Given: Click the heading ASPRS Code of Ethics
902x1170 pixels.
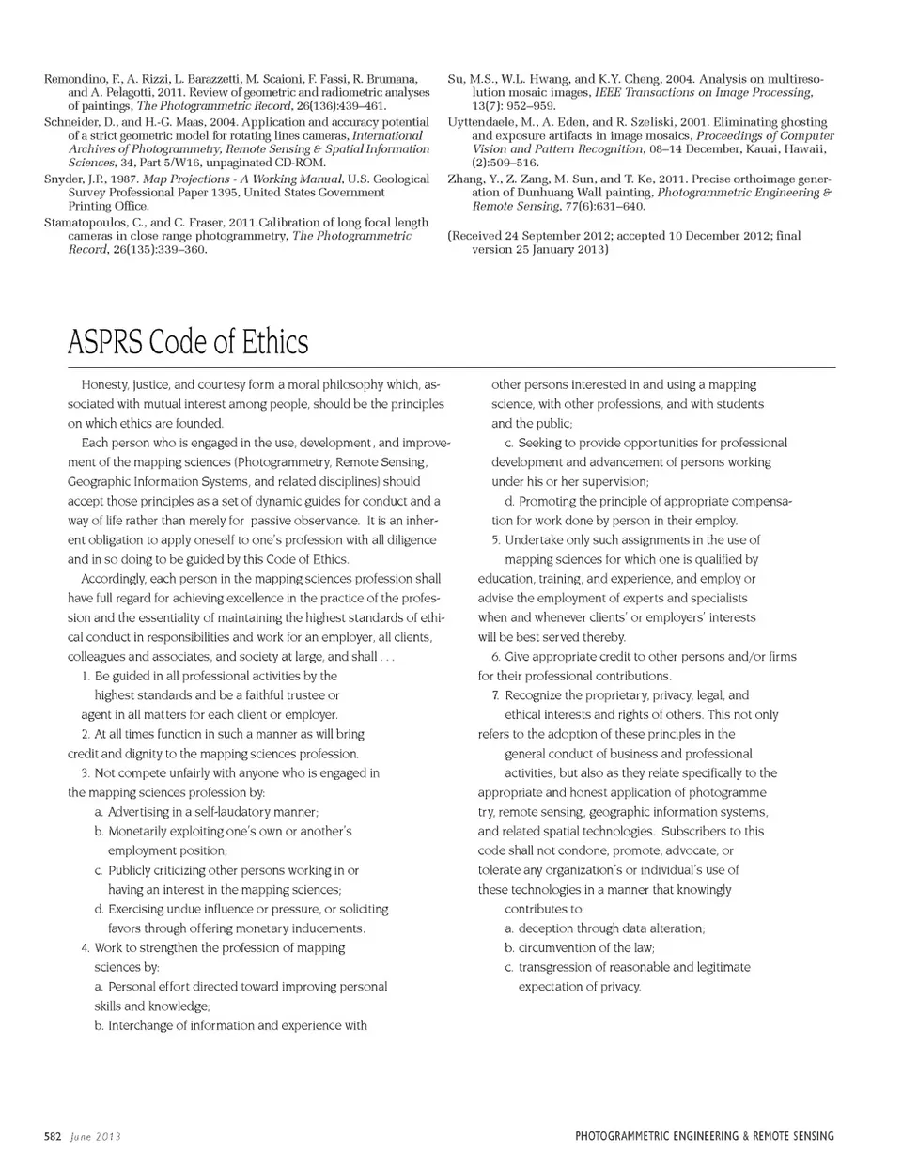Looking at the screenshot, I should pyautogui.click(x=187, y=342).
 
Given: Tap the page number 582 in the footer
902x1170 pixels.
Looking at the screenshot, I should pyautogui.click(x=53, y=1137).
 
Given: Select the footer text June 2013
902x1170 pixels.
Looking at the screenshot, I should pyautogui.click(x=95, y=1137).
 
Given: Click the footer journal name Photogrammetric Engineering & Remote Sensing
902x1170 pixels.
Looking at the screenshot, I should pyautogui.click(x=704, y=1137).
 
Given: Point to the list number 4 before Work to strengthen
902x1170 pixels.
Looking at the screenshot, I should pyautogui.click(x=85, y=948).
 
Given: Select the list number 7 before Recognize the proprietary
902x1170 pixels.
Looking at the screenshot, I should pyautogui.click(x=494, y=695).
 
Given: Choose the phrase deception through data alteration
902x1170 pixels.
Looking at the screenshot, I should pyautogui.click(x=611, y=928).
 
